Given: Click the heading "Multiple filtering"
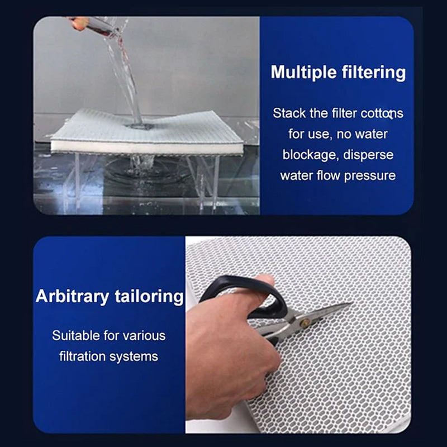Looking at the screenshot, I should tap(338, 73).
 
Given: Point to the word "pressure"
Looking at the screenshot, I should tap(370, 176).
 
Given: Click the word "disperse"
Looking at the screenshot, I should tap(368, 155).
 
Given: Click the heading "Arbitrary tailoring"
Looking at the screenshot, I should tap(110, 296).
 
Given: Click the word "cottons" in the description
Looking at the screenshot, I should tap(382, 113).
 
